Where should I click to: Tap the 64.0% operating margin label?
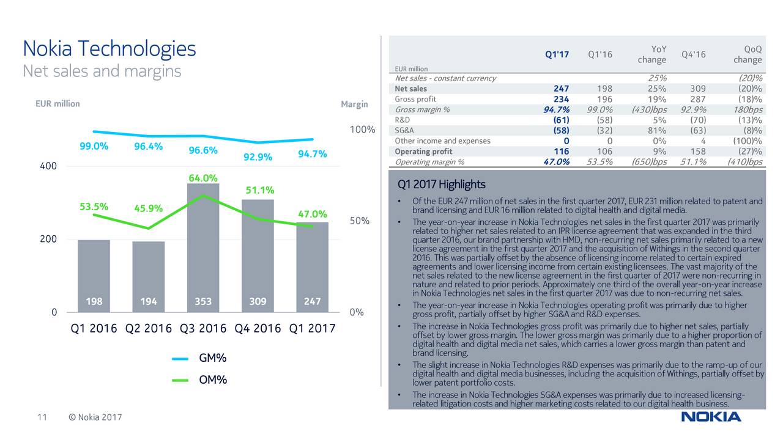pyautogui.click(x=203, y=178)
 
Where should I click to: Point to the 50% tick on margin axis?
pyautogui.click(x=359, y=221)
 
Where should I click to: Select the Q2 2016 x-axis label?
pyautogui.click(x=149, y=329)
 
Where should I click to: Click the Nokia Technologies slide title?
pyautogui.click(x=109, y=48)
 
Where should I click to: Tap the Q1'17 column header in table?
pyautogui.click(x=557, y=54)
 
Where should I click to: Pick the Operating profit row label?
pyautogui.click(x=424, y=152)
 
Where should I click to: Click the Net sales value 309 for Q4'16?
pyautogui.click(x=697, y=89)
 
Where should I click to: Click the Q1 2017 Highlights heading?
pyautogui.click(x=441, y=185)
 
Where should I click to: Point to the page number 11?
pyautogui.click(x=42, y=417)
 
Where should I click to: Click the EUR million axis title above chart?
pyautogui.click(x=58, y=104)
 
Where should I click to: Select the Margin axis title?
pyautogui.click(x=354, y=104)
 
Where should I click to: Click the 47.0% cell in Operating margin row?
pyautogui.click(x=556, y=162)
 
